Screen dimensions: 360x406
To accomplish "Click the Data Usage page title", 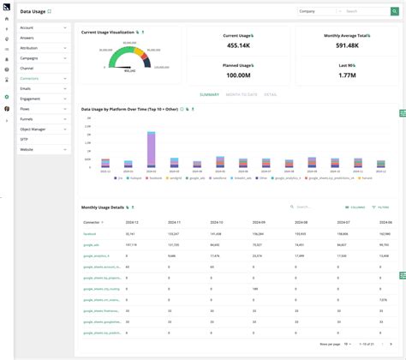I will coord(33,12).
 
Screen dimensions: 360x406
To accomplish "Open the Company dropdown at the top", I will coord(317,12).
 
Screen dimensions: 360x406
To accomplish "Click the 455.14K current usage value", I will coord(237,45).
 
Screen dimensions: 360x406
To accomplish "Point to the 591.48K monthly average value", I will coord(347,45).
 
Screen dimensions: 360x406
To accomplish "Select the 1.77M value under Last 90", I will coord(347,75).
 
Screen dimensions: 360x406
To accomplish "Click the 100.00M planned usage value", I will coord(237,75).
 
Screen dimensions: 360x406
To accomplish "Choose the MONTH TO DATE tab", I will coord(242,94).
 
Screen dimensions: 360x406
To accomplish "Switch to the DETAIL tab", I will coord(271,94).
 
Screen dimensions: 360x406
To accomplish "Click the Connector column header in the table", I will coord(93,222).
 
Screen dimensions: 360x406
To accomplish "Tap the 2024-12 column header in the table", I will coord(134,222).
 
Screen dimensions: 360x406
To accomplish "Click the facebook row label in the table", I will coord(90,233).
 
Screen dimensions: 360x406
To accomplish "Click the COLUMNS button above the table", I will coord(355,207).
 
